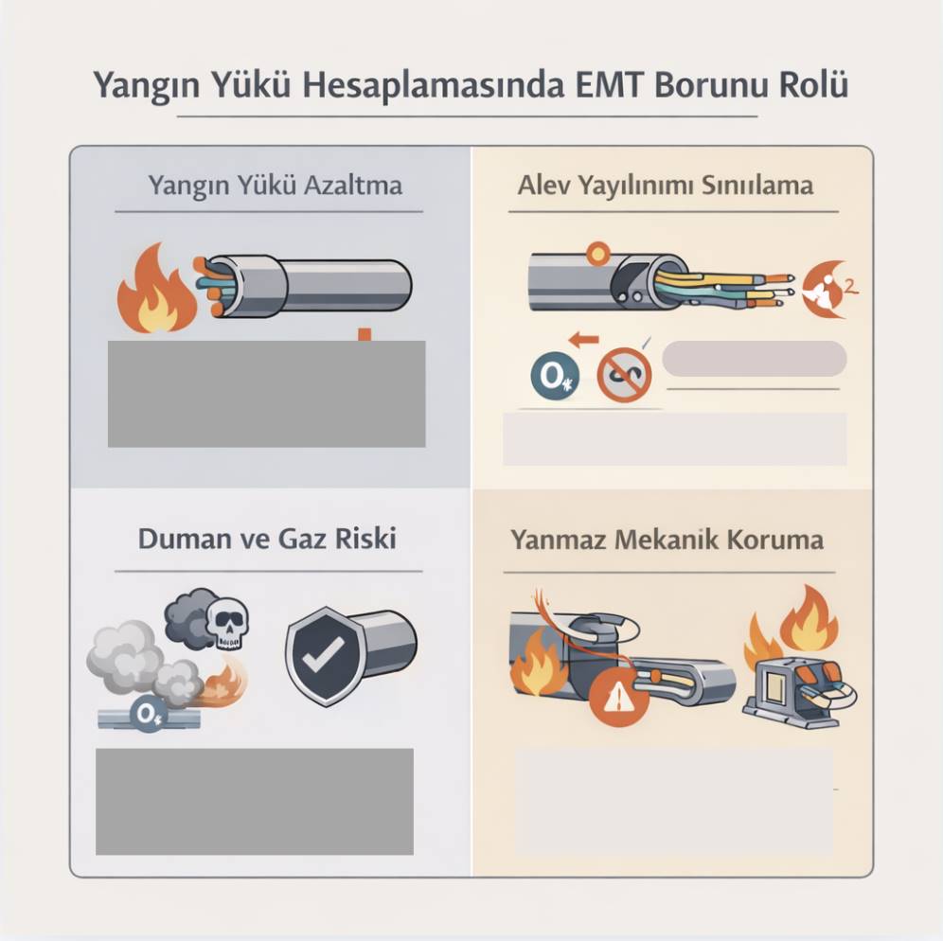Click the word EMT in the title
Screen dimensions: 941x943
(x=611, y=84)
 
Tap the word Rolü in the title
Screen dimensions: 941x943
(x=811, y=84)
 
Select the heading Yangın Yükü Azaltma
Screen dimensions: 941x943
(x=275, y=184)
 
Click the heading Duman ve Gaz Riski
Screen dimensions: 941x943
(x=267, y=539)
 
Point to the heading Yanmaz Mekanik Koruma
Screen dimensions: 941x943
(x=667, y=540)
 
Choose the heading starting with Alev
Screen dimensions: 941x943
(x=665, y=184)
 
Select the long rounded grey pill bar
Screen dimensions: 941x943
(x=754, y=359)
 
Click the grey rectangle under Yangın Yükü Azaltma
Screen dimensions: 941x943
(x=266, y=393)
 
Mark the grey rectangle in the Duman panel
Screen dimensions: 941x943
(x=254, y=801)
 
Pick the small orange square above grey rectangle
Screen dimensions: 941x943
(x=363, y=334)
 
